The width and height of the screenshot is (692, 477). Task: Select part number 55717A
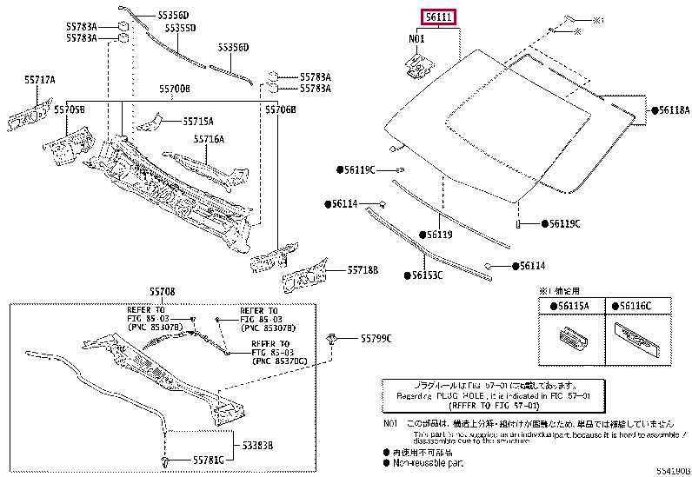pos(39,81)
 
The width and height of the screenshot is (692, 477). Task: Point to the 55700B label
pos(174,89)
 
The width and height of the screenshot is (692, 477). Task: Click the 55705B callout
pos(70,110)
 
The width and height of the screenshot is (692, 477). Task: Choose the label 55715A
pos(197,122)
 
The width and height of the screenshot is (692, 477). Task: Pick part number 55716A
pos(209,139)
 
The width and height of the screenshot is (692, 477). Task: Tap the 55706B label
pos(280,110)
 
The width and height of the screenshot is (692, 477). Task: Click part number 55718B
pos(363,270)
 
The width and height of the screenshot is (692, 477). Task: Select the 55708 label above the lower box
pos(163,294)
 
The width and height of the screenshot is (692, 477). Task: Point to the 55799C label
pos(376,338)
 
